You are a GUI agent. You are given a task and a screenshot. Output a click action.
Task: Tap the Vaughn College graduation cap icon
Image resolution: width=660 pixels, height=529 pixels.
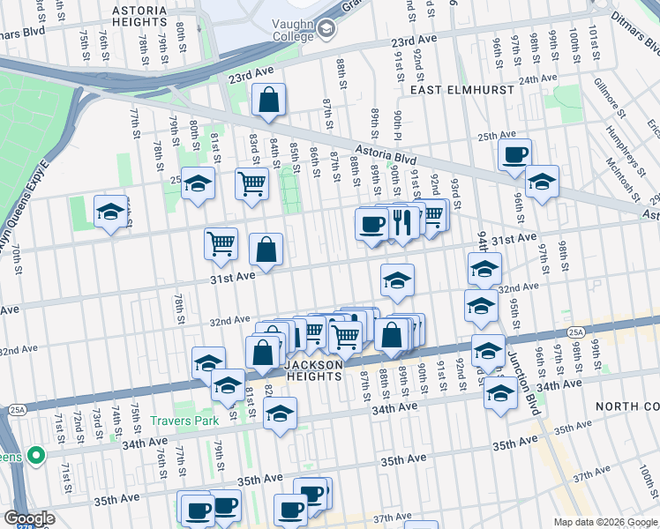(x=326, y=29)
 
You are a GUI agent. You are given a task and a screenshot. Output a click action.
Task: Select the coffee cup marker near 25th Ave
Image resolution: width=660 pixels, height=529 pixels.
(x=514, y=155)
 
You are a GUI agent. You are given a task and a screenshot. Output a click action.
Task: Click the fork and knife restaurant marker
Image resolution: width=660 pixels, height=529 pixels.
(x=401, y=223)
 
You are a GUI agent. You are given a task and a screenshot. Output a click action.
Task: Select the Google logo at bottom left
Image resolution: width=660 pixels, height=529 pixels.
(x=29, y=518)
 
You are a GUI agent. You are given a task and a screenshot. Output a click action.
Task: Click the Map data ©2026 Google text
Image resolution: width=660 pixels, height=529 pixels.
(x=605, y=522)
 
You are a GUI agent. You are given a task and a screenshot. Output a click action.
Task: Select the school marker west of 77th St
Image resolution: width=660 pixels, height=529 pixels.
(x=110, y=212)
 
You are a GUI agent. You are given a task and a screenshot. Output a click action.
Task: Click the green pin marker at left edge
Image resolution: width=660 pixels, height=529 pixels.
(x=35, y=456)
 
